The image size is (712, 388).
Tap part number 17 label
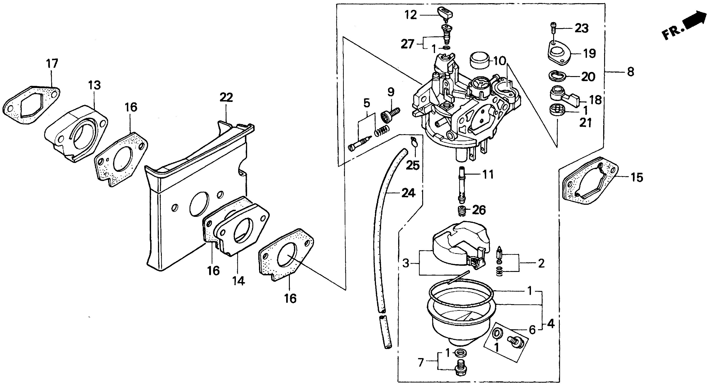click(x=52, y=63)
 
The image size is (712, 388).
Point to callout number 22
click(x=226, y=98)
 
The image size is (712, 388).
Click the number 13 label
click(x=95, y=85)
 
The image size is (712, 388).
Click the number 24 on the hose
click(x=408, y=193)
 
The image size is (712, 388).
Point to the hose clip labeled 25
click(x=413, y=142)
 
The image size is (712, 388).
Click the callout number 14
click(x=239, y=281)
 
